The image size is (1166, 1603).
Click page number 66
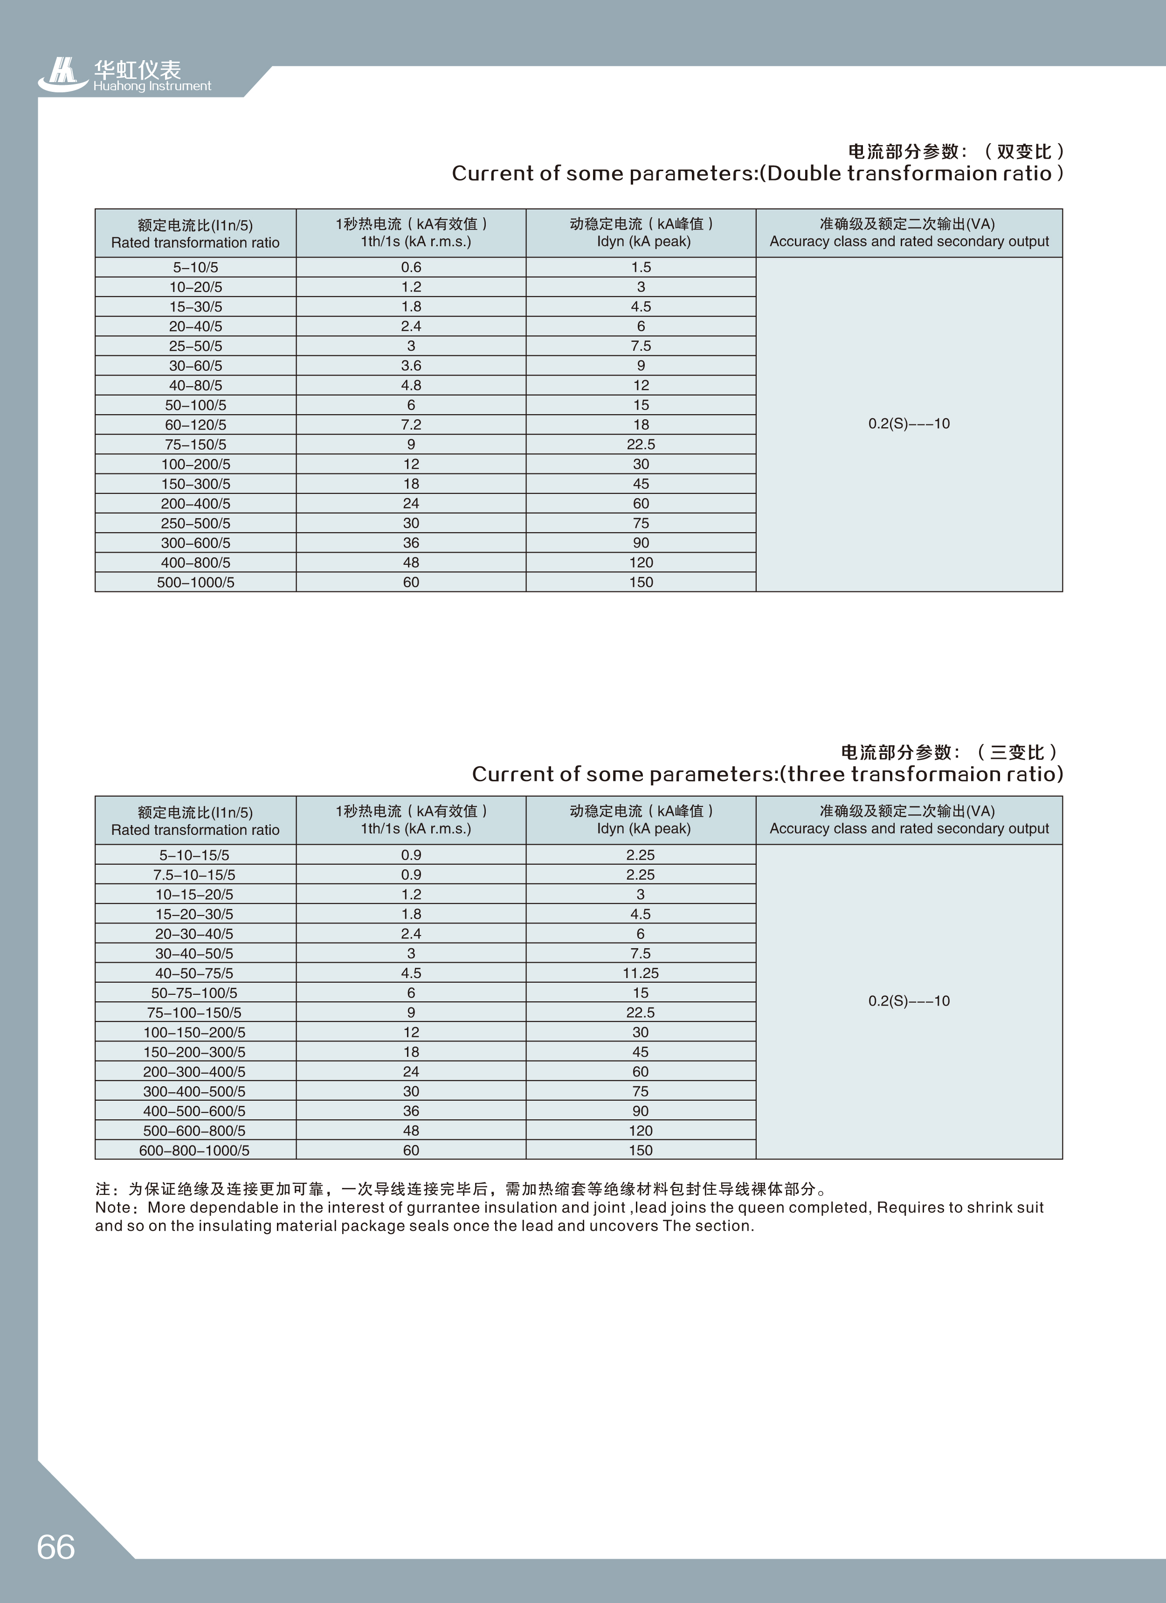coord(56,1547)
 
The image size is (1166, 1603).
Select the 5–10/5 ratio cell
coord(195,267)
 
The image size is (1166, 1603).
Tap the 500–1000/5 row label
coord(195,583)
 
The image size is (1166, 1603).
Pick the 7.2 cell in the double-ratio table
coord(411,425)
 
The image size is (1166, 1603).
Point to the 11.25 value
coord(640,973)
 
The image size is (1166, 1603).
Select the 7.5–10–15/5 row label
coord(194,875)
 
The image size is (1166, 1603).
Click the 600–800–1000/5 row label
coord(194,1151)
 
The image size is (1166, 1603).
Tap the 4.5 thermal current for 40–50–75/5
coord(411,973)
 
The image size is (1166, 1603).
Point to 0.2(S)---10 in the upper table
coord(909,424)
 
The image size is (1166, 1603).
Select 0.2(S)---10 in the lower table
coord(909,1001)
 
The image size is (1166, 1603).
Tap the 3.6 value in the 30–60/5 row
coord(411,365)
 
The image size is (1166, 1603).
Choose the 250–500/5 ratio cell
coord(195,523)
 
